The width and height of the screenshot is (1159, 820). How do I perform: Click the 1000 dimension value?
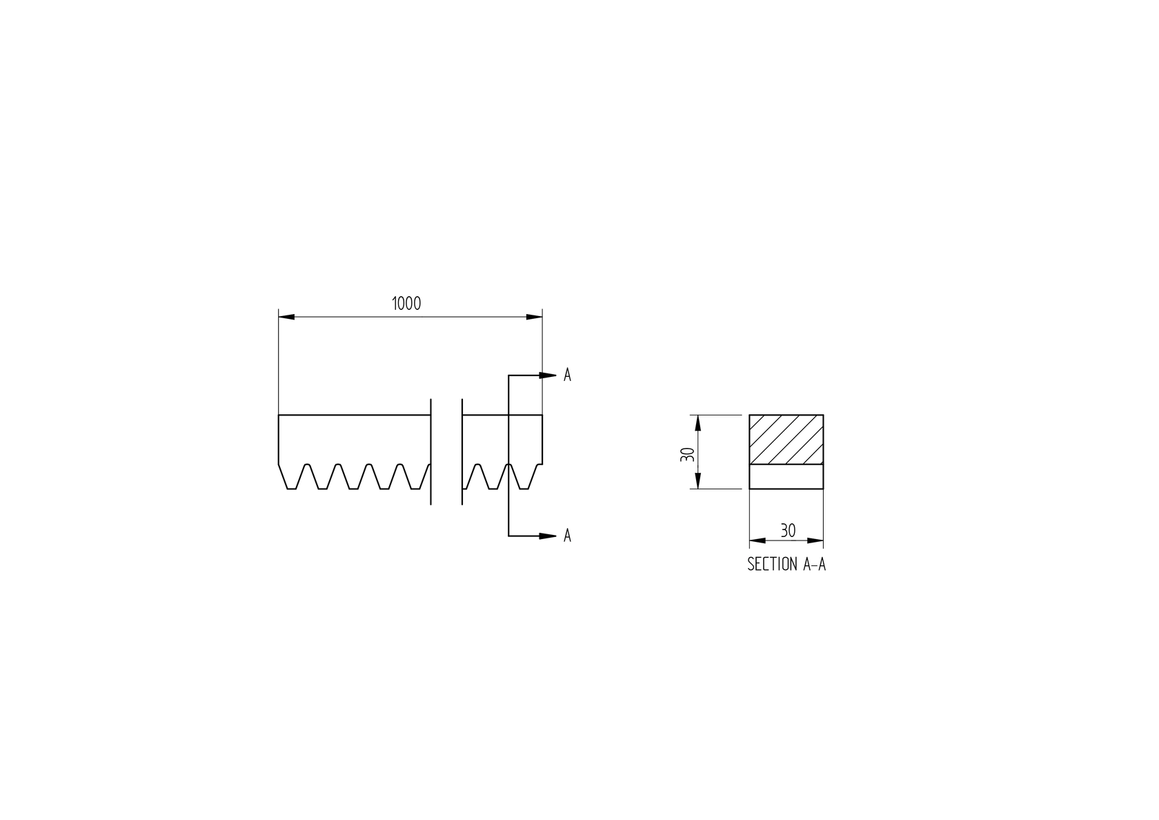click(x=406, y=304)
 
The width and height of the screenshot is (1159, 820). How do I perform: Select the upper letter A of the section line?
click(x=567, y=375)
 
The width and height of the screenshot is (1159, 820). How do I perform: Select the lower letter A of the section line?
click(x=567, y=536)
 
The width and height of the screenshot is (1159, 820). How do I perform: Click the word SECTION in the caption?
click(x=772, y=565)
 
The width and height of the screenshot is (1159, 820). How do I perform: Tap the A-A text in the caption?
click(x=814, y=565)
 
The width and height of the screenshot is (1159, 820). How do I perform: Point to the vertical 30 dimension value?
click(x=687, y=454)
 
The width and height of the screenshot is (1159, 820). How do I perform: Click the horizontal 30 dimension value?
click(x=788, y=531)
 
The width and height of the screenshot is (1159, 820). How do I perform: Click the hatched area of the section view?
click(x=786, y=440)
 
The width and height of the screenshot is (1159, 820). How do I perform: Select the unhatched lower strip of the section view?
click(x=786, y=476)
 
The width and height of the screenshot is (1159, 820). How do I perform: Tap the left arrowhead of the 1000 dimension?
click(x=286, y=317)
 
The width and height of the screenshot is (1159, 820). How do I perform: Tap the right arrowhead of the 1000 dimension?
click(x=534, y=317)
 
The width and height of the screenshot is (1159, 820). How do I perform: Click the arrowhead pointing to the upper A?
click(x=548, y=375)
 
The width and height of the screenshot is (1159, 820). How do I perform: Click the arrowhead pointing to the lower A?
click(x=548, y=536)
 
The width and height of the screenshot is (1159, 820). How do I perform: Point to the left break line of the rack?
click(x=430, y=451)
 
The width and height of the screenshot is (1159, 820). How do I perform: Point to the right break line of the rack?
click(x=462, y=451)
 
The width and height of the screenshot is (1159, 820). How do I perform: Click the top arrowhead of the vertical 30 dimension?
click(x=698, y=422)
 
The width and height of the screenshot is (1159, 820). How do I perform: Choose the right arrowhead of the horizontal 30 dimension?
click(x=815, y=540)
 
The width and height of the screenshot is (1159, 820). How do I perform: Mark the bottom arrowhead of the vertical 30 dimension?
click(x=698, y=481)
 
